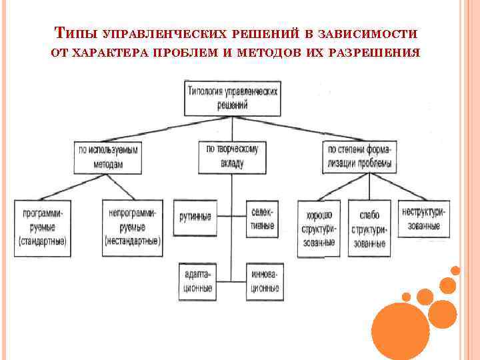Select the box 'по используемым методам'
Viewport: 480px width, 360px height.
click(x=107, y=157)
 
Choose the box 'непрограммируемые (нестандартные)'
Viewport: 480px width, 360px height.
click(x=133, y=227)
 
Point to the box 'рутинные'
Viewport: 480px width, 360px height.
click(x=195, y=217)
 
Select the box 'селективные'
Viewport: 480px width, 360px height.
click(x=263, y=218)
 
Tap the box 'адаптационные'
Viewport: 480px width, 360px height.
click(x=196, y=281)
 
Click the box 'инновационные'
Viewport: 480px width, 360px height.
click(x=264, y=281)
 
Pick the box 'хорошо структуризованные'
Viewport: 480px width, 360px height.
click(x=317, y=229)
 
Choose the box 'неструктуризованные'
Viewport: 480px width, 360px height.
click(x=423, y=218)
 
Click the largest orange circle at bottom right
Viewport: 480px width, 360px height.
click(x=400, y=331)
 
